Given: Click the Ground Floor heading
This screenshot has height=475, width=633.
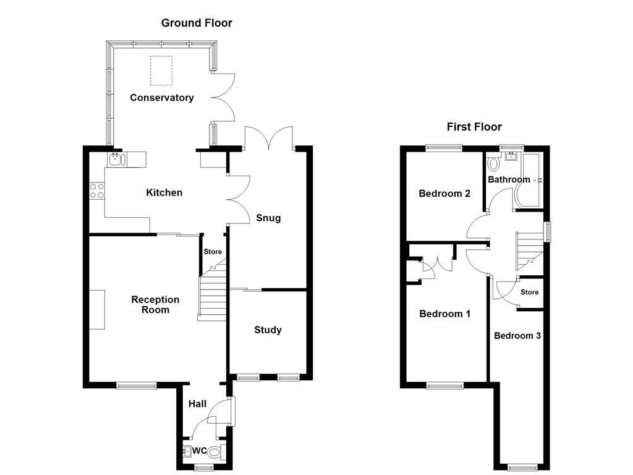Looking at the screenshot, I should coord(197,23).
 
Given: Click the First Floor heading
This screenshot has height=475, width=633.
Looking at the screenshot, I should coord(474,127).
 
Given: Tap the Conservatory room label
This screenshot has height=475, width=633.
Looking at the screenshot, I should coord(161,98).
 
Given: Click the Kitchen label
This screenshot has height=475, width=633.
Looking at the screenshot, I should coord(164,192).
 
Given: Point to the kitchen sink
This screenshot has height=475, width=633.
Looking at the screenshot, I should coord(116,160).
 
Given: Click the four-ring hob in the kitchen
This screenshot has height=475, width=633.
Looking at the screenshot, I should coord(96,190).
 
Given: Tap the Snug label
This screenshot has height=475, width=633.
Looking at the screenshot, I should coord(268,218).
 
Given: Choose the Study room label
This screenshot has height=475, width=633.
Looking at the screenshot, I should coord(268,330).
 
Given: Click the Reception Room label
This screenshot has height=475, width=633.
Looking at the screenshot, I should coord(155,304).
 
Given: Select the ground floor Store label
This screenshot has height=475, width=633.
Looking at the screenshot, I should coord(213,252).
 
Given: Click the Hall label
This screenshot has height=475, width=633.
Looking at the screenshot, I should coord(197,404).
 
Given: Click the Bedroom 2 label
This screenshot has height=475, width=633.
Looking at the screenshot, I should coord(444,194).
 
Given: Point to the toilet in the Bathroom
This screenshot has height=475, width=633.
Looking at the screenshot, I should coord(493,165).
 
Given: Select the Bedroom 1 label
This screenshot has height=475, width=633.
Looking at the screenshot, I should coord(444,314).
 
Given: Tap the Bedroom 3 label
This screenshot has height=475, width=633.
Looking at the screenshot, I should coord(517,336).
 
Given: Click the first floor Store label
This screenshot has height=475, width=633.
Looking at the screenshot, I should coord(529,292).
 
